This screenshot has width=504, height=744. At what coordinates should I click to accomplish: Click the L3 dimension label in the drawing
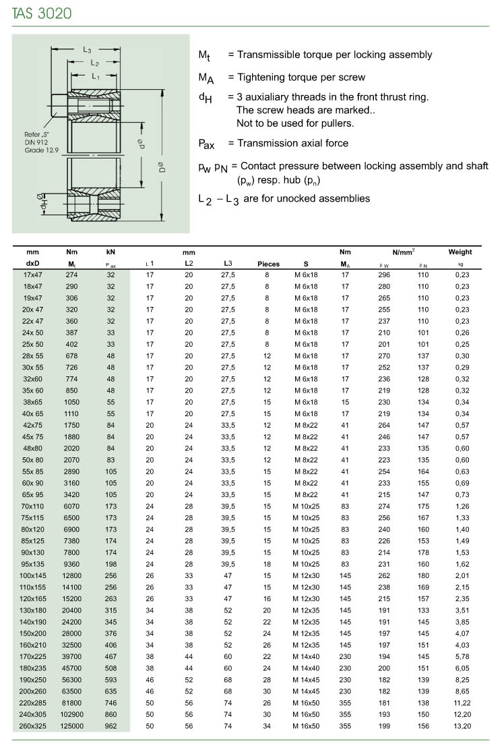[x=88, y=49]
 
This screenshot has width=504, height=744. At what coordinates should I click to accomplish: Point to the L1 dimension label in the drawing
[x=96, y=76]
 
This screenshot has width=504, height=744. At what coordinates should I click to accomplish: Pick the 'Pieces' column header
[x=269, y=264]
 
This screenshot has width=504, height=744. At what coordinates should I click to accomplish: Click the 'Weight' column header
[x=460, y=252]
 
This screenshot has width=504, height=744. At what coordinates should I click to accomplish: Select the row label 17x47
[x=32, y=275]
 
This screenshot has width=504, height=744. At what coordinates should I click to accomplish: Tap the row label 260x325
[x=32, y=726]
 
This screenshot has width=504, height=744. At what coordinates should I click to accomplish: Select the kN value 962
[x=111, y=726]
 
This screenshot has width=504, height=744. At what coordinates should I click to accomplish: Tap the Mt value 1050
[x=72, y=403]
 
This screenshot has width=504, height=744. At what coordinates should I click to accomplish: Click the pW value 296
[x=385, y=275]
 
